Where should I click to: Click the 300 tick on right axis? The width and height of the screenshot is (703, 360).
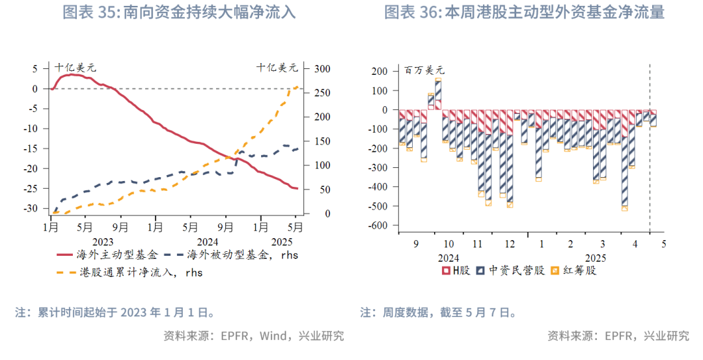click(323, 69)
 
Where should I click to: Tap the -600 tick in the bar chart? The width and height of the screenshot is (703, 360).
click(378, 226)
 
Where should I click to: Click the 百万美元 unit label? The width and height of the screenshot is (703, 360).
click(424, 70)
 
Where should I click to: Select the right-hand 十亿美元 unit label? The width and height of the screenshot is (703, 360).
click(277, 67)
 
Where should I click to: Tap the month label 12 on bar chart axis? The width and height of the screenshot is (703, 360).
click(510, 243)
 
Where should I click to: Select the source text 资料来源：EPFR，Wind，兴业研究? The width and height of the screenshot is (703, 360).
click(253, 336)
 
